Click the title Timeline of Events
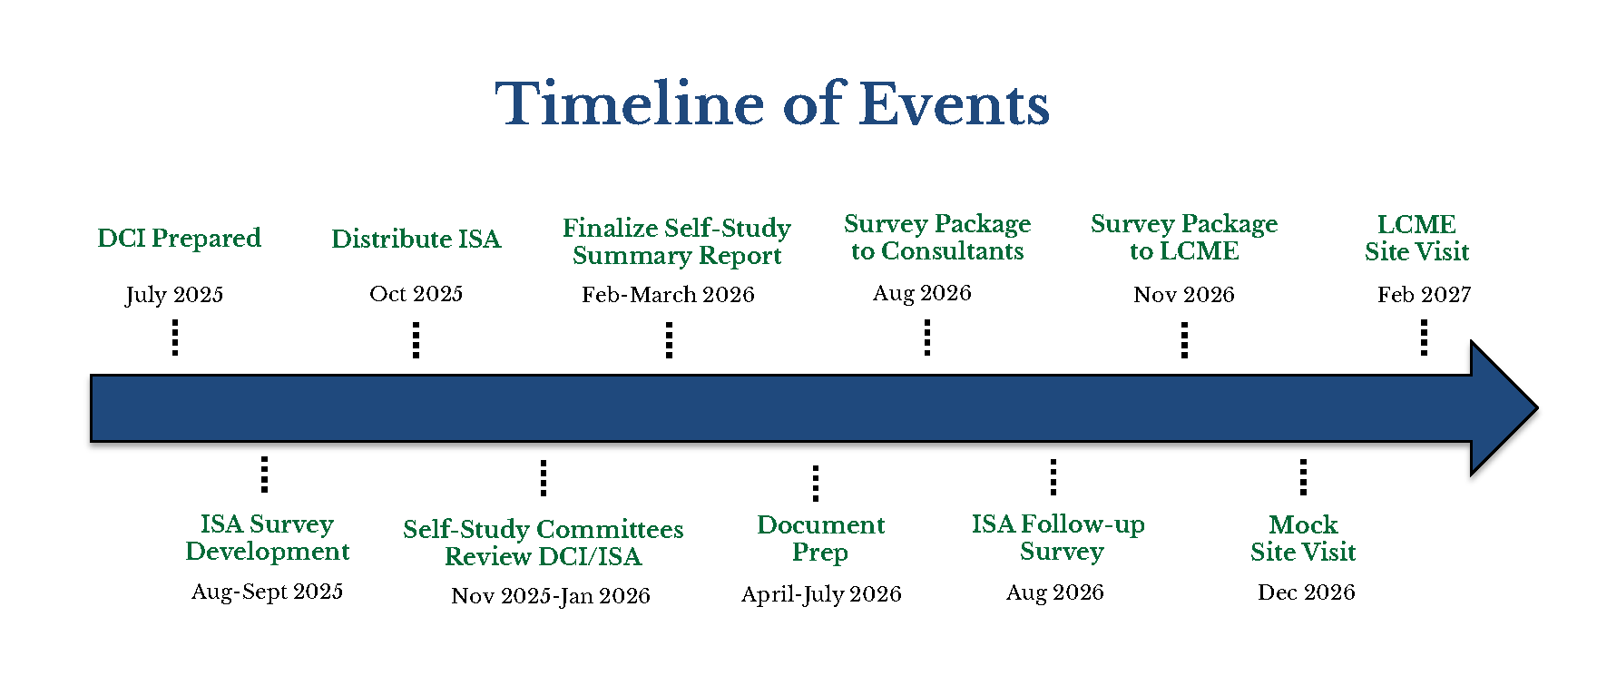[x=772, y=103]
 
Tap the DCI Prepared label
[x=179, y=239]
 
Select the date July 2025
[x=174, y=295]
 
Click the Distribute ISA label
[x=416, y=239]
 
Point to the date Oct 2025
[x=416, y=294]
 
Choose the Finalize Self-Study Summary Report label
[x=677, y=241]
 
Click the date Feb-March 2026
[x=668, y=295]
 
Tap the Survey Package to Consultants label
[x=937, y=237]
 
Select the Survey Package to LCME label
[x=1184, y=237]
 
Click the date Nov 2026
[x=1184, y=295]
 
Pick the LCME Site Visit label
[x=1416, y=238]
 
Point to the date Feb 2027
[x=1424, y=295]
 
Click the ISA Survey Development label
[x=268, y=538]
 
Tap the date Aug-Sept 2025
[x=268, y=592]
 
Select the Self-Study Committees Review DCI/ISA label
[x=544, y=543]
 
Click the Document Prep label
[x=821, y=538]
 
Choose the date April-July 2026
[x=821, y=595]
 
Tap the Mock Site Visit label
[x=1303, y=538]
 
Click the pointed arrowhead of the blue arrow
[x=1537, y=408]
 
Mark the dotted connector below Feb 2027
[x=1424, y=338]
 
